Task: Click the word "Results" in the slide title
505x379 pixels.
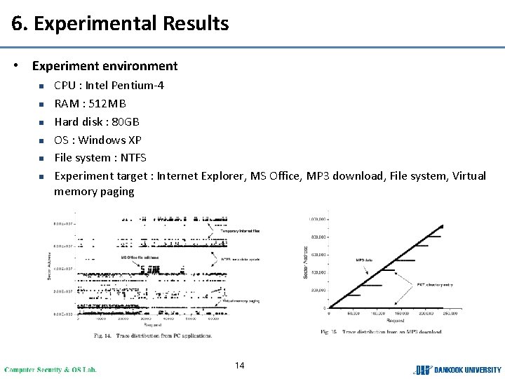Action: click(196, 24)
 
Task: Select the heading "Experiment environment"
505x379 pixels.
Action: click(105, 66)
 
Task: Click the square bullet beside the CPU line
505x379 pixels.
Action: click(41, 86)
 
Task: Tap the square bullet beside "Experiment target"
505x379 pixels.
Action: click(41, 176)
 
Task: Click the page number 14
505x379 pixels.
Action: click(240, 365)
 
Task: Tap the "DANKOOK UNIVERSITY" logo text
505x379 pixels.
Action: click(467, 369)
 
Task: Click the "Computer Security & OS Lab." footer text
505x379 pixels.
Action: click(50, 369)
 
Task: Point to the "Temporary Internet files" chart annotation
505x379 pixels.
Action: click(240, 231)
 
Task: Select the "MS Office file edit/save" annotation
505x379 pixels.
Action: click(140, 258)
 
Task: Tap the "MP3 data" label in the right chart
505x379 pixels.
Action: click(364, 260)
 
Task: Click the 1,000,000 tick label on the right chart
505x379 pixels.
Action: click(318, 219)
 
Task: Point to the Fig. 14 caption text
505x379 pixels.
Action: click(153, 335)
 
